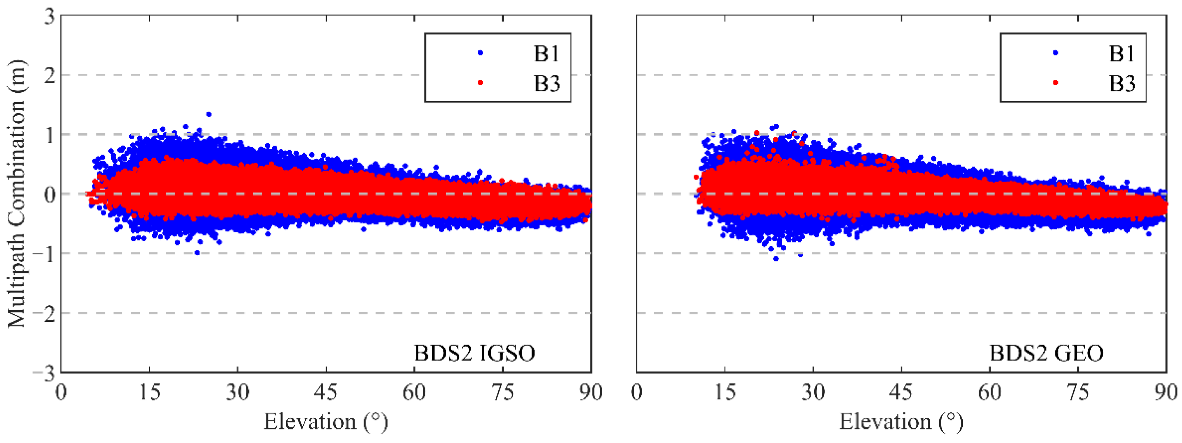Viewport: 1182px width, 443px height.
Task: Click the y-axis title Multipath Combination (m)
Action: pos(17,194)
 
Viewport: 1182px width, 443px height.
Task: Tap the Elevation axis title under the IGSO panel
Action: pos(325,421)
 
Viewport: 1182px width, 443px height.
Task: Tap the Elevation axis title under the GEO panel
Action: pos(901,421)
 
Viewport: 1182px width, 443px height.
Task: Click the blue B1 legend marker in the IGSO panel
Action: pos(480,53)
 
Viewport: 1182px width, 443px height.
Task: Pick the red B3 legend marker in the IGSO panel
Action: pos(480,82)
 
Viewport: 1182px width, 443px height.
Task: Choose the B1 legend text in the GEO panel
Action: pos(1122,54)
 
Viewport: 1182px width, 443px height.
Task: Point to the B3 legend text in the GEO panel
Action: pos(1122,84)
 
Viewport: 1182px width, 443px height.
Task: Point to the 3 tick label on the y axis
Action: pos(49,17)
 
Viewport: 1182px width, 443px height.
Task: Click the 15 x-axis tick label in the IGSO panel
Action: pos(149,393)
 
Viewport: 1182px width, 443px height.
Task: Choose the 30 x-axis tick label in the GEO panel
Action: pos(813,393)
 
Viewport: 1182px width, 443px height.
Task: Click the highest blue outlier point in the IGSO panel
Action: pos(208,114)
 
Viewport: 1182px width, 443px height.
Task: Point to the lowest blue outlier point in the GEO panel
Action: pos(776,259)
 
